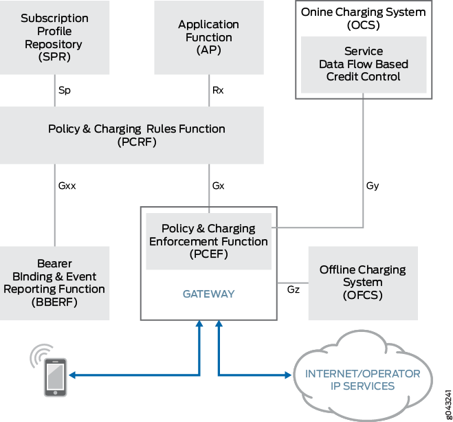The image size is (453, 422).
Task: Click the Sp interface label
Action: click(64, 89)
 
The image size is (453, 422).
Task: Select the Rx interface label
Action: click(218, 89)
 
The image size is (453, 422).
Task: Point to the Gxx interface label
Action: click(67, 185)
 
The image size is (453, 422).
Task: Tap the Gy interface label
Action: click(373, 185)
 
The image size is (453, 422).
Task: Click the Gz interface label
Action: click(293, 290)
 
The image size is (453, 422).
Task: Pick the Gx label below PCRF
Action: click(218, 185)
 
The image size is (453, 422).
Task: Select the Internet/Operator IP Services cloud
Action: click(362, 379)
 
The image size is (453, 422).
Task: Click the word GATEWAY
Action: click(208, 293)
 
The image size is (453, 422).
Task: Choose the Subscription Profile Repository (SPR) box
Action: click(54, 38)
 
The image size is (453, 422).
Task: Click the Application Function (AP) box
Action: click(208, 38)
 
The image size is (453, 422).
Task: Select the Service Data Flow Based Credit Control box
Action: click(364, 64)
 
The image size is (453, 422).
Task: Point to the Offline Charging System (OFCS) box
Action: click(362, 282)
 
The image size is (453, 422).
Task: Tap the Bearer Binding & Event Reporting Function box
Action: click(54, 282)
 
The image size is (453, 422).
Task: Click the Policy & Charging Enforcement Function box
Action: click(208, 241)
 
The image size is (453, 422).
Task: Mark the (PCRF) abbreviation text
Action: click(137, 142)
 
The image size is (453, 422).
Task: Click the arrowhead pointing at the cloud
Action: click(288, 375)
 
